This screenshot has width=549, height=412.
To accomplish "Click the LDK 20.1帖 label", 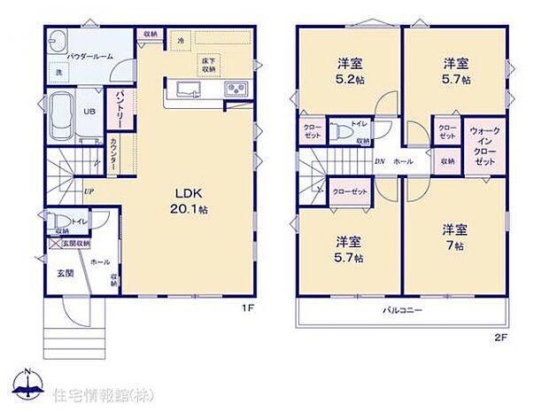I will (191, 201).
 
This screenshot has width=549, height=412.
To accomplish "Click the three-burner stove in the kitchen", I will (236, 89).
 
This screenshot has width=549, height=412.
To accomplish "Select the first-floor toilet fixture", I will (57, 220).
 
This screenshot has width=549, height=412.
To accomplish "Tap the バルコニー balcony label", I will (402, 310).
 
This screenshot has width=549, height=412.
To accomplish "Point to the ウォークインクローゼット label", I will (484, 148).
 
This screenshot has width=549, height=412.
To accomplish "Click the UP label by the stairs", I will (89, 190).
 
